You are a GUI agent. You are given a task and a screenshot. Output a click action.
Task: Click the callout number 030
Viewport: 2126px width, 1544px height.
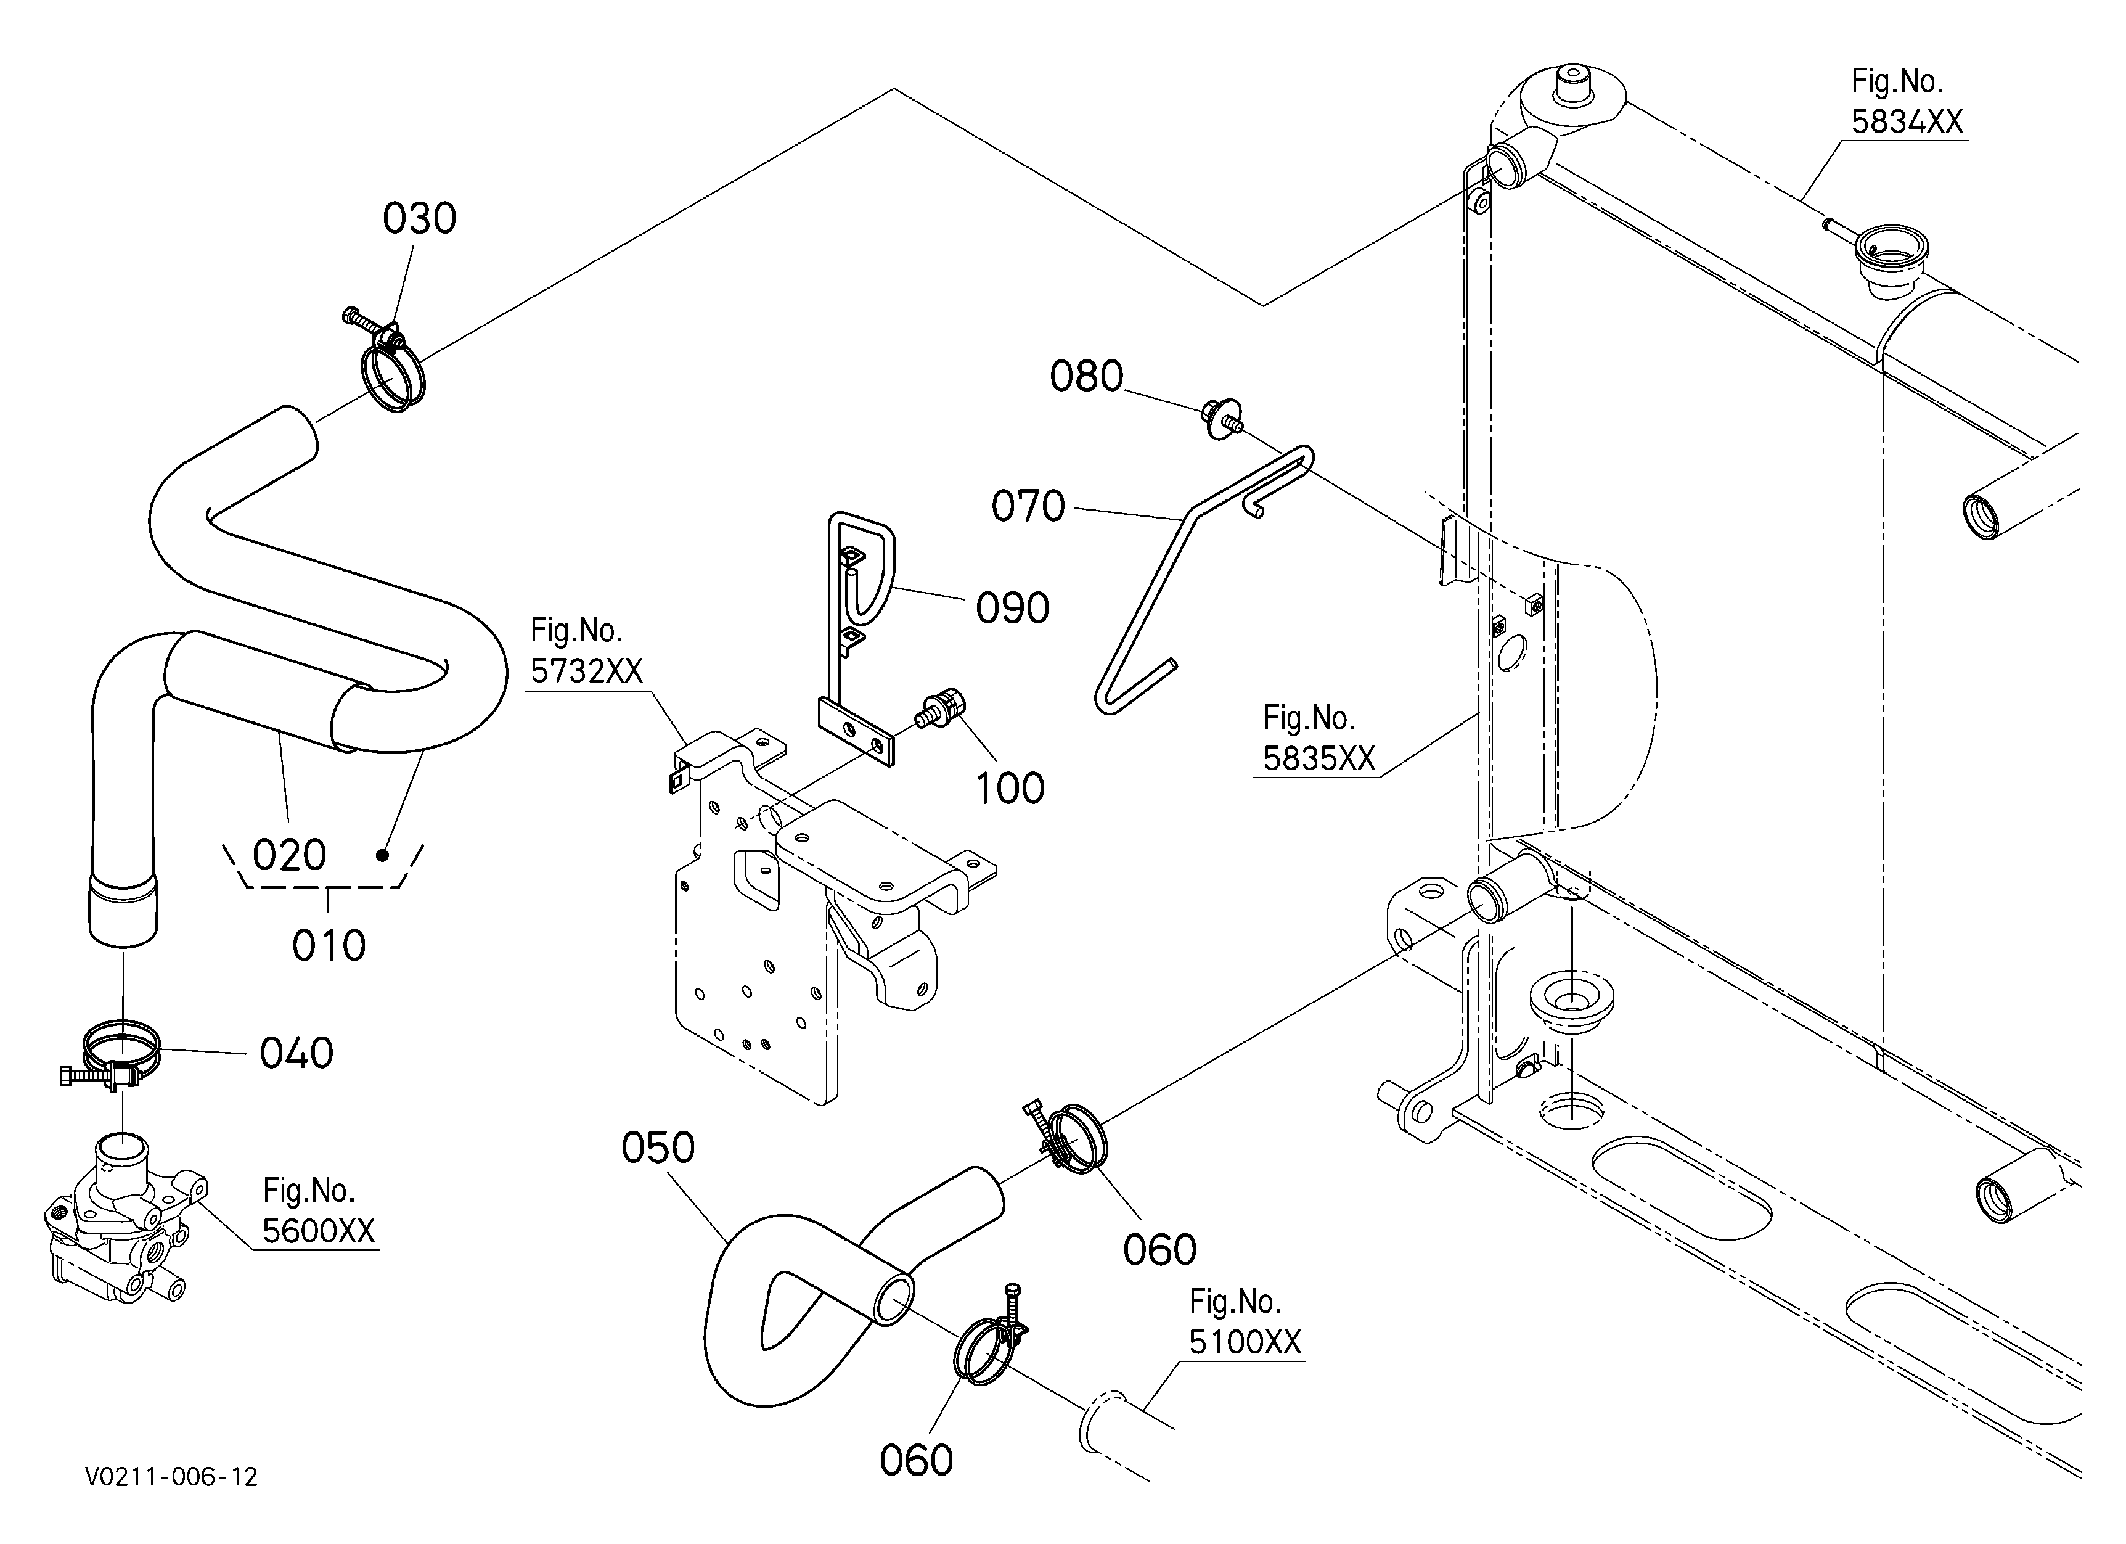pyautogui.click(x=419, y=218)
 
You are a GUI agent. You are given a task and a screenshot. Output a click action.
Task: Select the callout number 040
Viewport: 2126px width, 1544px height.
pyautogui.click(x=296, y=1053)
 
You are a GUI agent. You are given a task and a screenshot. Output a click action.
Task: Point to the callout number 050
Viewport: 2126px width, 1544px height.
pyautogui.click(x=658, y=1148)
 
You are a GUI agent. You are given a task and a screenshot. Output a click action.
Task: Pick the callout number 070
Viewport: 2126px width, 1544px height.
pyautogui.click(x=1028, y=506)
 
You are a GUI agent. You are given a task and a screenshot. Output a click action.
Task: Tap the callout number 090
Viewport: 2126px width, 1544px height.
pyautogui.click(x=1012, y=609)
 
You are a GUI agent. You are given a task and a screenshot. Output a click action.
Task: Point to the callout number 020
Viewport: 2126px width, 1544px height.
pyautogui.click(x=290, y=855)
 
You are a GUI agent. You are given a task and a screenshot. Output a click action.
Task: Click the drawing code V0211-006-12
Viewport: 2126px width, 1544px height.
pyautogui.click(x=171, y=1477)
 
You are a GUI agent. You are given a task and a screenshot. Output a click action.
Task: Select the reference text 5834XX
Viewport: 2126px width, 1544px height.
pyautogui.click(x=1907, y=122)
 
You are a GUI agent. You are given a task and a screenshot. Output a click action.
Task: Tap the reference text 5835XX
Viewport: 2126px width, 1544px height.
pyautogui.click(x=1319, y=758)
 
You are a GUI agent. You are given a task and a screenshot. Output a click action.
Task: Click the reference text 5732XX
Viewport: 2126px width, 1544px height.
pyautogui.click(x=587, y=671)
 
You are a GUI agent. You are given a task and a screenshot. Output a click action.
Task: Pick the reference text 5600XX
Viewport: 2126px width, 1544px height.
pyautogui.click(x=319, y=1231)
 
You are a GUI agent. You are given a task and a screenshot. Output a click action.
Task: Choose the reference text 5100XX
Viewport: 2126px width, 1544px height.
pyautogui.click(x=1246, y=1342)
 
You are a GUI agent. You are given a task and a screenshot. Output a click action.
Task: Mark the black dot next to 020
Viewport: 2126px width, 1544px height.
pyautogui.click(x=382, y=855)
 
